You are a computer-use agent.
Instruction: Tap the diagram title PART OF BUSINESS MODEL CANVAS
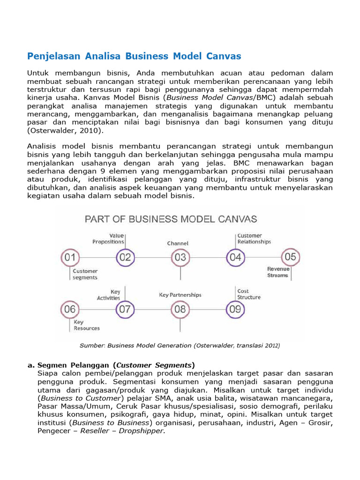pyautogui.click(x=171, y=219)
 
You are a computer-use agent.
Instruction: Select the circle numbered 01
pyautogui.click(x=70, y=257)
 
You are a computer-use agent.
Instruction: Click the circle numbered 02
pyautogui.click(x=125, y=257)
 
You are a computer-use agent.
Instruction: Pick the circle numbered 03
pyautogui.click(x=180, y=257)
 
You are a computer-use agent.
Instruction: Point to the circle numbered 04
pyautogui.click(x=235, y=257)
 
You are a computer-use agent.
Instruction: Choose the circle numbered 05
pyautogui.click(x=290, y=257)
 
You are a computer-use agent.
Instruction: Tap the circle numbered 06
pyautogui.click(x=70, y=309)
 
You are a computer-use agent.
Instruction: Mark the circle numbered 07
pyautogui.click(x=125, y=309)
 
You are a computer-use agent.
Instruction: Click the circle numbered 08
pyautogui.click(x=180, y=309)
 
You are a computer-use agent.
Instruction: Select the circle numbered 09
pyautogui.click(x=235, y=309)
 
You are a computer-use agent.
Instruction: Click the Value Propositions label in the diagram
pyautogui.click(x=108, y=239)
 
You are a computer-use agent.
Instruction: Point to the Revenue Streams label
pyautogui.click(x=278, y=272)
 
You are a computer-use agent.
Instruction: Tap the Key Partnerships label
pyautogui.click(x=180, y=295)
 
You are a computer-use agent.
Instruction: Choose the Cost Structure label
pyautogui.click(x=249, y=294)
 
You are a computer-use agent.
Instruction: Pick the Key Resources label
pyautogui.click(x=86, y=325)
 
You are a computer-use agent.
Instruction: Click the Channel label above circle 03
pyautogui.click(x=178, y=243)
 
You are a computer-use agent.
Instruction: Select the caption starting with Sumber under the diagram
pyautogui.click(x=180, y=345)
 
